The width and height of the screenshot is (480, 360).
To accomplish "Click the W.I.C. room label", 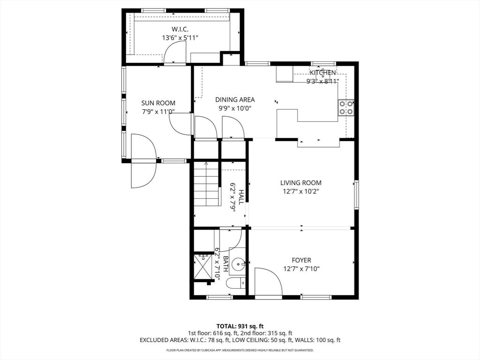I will (180, 29).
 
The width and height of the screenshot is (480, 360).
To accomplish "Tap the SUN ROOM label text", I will (158, 103).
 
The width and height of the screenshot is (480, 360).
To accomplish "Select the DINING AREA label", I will (235, 99).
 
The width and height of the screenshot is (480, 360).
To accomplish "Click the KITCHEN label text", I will (322, 73).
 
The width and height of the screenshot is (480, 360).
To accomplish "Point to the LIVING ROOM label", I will (300, 183).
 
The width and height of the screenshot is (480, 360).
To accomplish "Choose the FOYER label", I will (301, 260).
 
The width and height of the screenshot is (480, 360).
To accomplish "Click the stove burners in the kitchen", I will (346, 107).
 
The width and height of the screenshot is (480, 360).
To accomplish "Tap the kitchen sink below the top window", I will (323, 77).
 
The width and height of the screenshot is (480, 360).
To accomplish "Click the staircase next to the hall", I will (207, 184).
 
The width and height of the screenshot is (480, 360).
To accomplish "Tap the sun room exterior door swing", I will (143, 161).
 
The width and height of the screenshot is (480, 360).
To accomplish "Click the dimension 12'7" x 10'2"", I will (300, 191).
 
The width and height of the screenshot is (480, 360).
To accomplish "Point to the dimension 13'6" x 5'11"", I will (180, 38).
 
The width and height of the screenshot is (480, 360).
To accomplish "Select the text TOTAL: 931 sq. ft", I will (240, 326).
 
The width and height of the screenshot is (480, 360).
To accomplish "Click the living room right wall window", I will (356, 195).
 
